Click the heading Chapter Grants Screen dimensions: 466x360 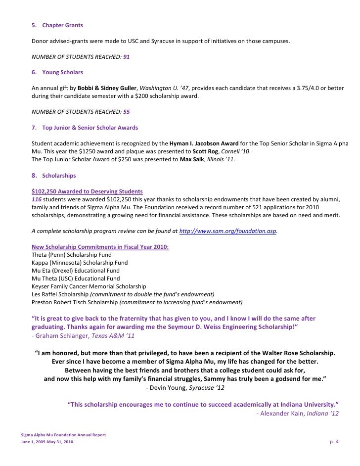tap(62, 25)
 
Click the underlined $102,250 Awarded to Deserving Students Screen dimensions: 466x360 tap(87, 191)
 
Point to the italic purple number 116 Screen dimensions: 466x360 tap(36, 199)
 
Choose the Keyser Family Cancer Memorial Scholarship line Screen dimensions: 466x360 tap(89, 286)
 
